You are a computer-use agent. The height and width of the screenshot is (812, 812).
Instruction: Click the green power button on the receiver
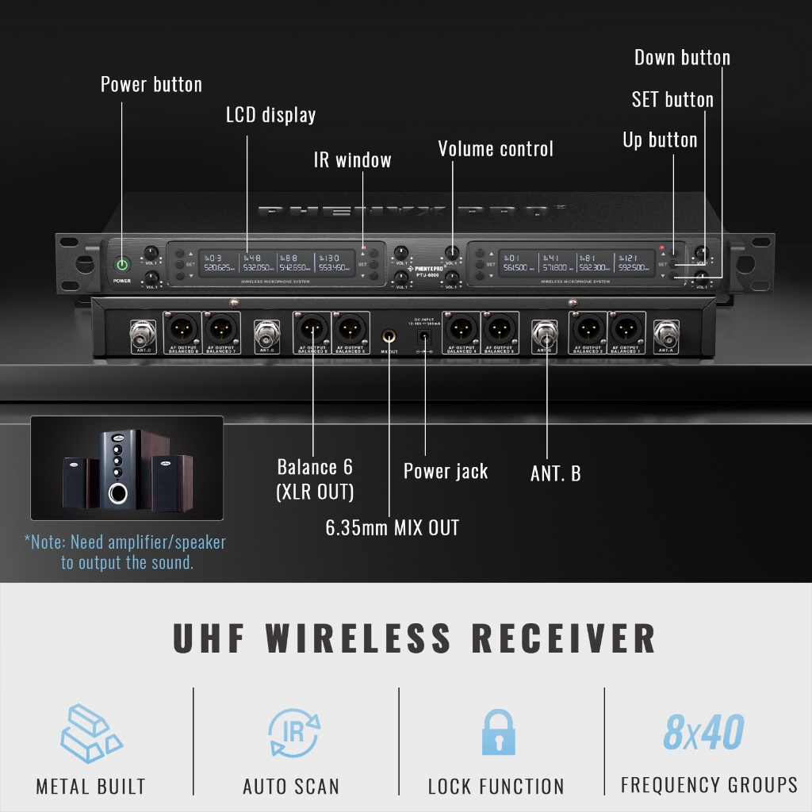pos(121,264)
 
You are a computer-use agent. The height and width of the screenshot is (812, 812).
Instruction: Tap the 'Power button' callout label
pos(151,85)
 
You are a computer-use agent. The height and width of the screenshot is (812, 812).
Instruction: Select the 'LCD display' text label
pos(270,115)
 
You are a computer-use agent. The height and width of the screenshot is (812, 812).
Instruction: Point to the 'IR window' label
pos(352,160)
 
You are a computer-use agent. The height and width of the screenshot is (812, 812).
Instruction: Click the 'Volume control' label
pos(496,149)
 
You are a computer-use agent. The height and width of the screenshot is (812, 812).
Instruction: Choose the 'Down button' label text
pos(682,58)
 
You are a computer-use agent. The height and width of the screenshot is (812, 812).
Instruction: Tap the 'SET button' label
pos(672,100)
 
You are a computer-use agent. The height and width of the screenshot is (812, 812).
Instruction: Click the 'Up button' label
pos(660,140)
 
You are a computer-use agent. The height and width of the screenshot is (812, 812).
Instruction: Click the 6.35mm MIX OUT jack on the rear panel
pos(389,337)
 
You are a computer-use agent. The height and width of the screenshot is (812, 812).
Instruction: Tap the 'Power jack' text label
pos(446,471)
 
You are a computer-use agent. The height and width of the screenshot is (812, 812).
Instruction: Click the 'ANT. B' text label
pos(555,474)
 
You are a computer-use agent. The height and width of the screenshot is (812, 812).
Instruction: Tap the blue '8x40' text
pos(703,733)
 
